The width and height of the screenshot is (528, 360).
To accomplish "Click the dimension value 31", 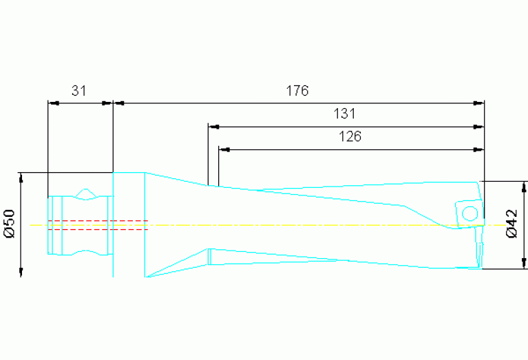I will click(79, 90).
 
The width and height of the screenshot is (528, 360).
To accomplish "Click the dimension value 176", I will click(298, 90).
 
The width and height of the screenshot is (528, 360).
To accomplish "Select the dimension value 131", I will click(344, 114).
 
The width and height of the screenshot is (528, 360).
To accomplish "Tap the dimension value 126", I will click(350, 136).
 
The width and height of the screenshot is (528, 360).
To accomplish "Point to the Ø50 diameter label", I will click(10, 224).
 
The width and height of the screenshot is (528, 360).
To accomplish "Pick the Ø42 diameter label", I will click(511, 224).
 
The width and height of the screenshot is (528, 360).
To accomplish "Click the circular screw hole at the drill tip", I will click(470, 213).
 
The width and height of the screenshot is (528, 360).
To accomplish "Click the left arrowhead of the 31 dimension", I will click(52, 103).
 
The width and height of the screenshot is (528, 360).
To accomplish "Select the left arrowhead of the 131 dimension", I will click(213, 127).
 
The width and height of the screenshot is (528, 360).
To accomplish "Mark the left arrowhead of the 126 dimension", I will click(223, 149).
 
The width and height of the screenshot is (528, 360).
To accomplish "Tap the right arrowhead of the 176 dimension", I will click(480, 103).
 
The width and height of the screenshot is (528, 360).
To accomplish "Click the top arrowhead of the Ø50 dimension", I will click(21, 177).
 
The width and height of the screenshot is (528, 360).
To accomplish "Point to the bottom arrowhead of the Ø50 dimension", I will click(21, 273).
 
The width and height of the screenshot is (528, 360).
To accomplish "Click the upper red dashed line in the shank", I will click(96, 220).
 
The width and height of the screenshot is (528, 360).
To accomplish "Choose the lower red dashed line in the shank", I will click(96, 229).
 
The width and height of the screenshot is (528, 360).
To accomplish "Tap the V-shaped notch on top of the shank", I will click(85, 193).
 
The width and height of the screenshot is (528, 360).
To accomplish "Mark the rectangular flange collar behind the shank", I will click(129, 224).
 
